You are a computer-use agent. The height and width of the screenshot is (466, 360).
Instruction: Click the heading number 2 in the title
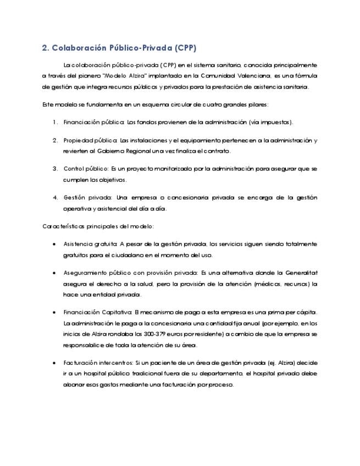(x=45, y=47)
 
